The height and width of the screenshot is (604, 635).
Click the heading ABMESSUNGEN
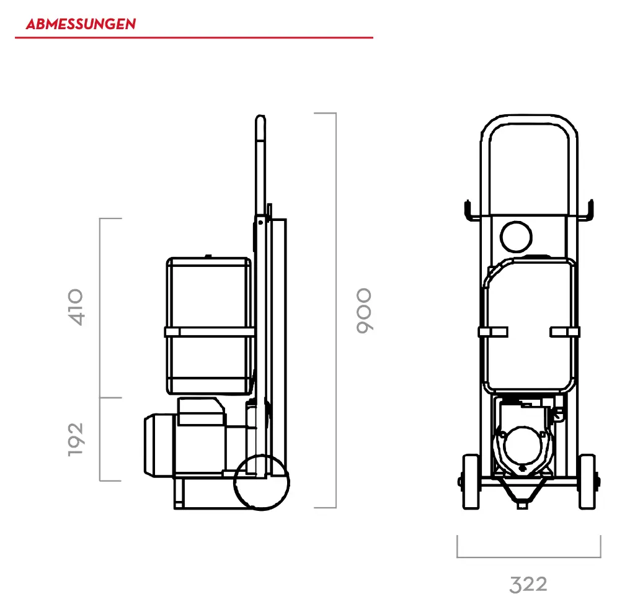coord(81,24)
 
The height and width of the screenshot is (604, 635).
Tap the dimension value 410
coord(76,307)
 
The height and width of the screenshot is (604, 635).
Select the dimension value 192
coord(76,440)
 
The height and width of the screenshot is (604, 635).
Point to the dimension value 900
coord(363,311)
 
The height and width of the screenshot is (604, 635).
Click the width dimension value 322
coord(528,585)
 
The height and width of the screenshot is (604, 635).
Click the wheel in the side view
coord(262,482)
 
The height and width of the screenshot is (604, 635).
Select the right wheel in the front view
coord(587,482)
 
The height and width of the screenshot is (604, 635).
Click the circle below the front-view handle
coord(516,237)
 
